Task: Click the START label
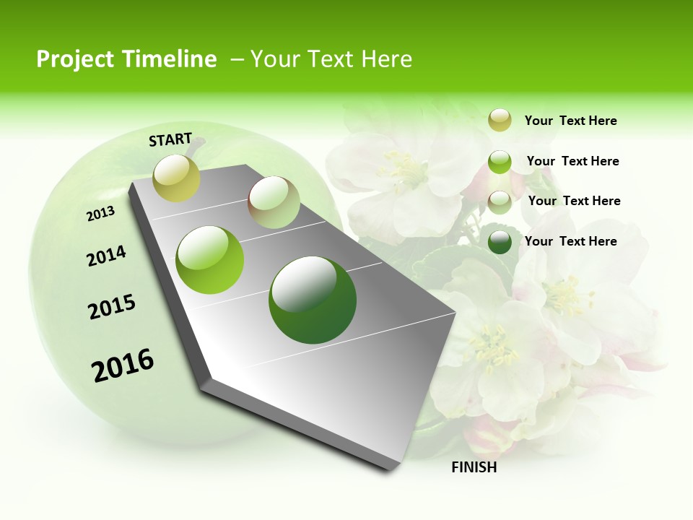point(170,139)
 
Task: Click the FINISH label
point(474,467)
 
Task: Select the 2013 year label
point(100,214)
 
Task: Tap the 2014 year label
point(106,256)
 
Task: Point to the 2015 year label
point(112,307)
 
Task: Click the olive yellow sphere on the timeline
point(176,178)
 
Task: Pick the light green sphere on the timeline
point(210,260)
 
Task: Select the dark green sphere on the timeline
point(313,300)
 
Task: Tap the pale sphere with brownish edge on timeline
point(274,202)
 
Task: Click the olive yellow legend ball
point(500,121)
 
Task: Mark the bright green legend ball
point(500,162)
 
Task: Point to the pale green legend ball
point(500,201)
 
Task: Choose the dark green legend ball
point(500,242)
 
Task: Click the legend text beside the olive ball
point(570,121)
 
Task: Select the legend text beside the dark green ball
point(570,241)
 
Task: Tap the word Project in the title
point(75,59)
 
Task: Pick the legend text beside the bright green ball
point(572,161)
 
